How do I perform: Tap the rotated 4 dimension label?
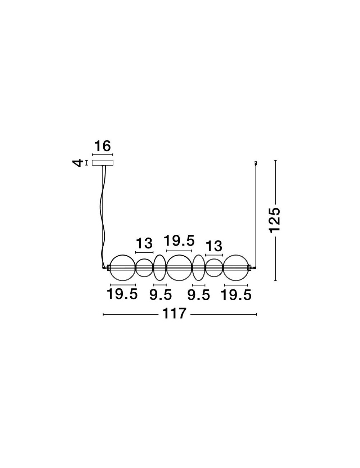[78, 163]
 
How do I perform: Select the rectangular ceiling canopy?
[103, 163]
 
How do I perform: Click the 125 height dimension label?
[275, 220]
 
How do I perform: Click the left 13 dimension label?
[144, 243]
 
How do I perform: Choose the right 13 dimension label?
[214, 246]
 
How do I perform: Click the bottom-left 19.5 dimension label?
[122, 294]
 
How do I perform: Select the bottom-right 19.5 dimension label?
[236, 295]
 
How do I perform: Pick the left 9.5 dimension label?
[161, 295]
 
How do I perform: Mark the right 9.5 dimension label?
[198, 295]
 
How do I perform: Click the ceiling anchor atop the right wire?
[256, 163]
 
